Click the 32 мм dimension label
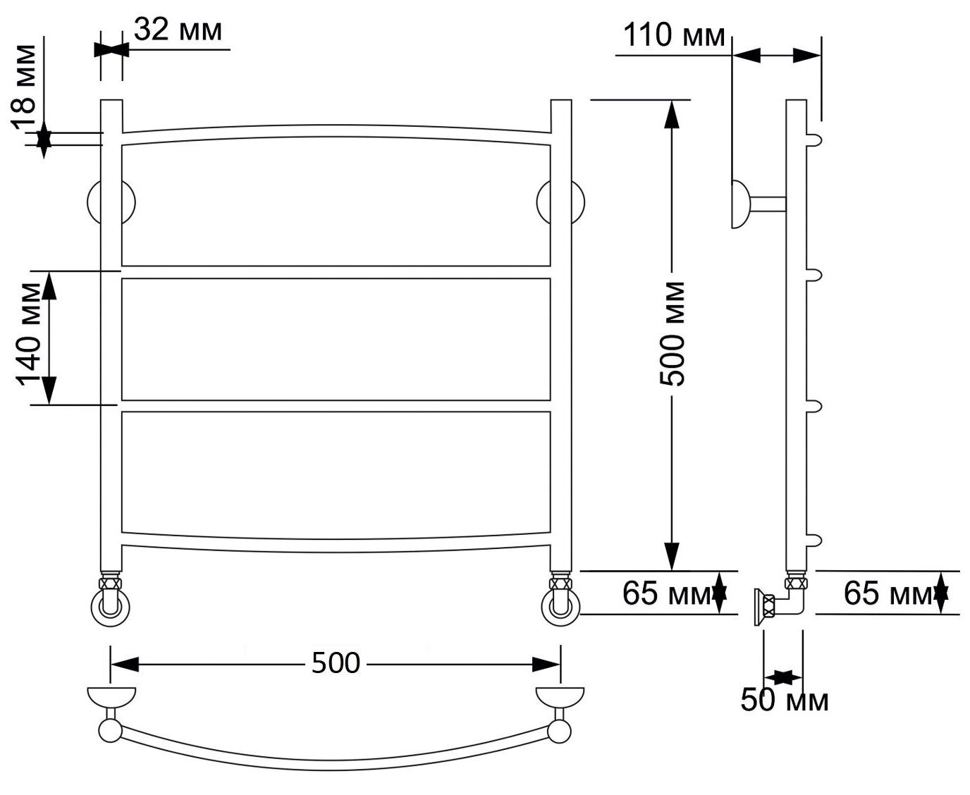(x=178, y=30)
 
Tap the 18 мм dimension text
(x=24, y=87)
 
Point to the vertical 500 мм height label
(x=673, y=334)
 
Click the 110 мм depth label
(x=674, y=35)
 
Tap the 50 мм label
(x=785, y=701)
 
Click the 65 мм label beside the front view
(x=667, y=593)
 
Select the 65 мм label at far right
(x=888, y=593)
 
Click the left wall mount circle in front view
(x=111, y=202)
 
